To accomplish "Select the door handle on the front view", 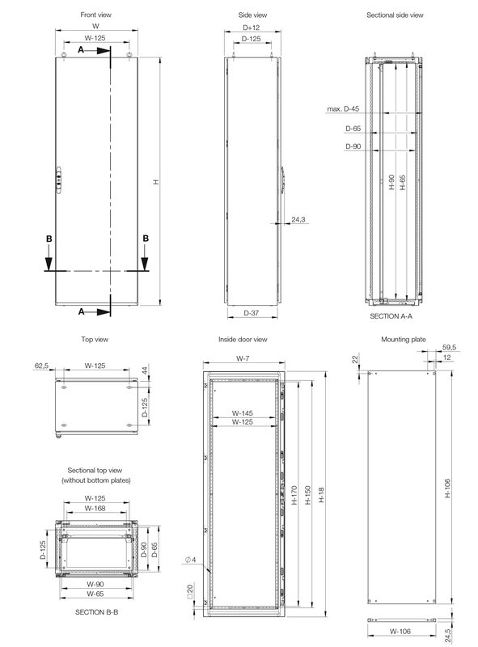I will tap(58, 181).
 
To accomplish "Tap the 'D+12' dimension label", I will tap(251, 28).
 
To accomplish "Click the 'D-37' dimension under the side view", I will tap(251, 312).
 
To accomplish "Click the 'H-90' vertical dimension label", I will tap(391, 183).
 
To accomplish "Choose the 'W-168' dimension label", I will tap(95, 509).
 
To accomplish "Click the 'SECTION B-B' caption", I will tap(96, 611).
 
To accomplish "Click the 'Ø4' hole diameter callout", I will tap(190, 560).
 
